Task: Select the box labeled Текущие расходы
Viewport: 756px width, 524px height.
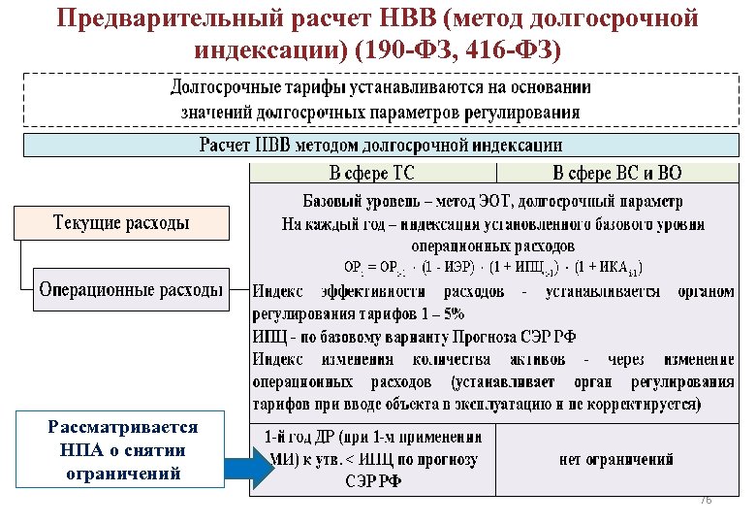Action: coord(121,223)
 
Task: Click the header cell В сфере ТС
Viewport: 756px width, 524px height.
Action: coord(372,174)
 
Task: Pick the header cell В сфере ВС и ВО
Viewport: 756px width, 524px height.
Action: coord(616,174)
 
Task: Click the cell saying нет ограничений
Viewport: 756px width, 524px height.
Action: coord(616,459)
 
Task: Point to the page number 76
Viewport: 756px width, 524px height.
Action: coord(705,499)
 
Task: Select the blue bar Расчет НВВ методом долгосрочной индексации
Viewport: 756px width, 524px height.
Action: coord(380,146)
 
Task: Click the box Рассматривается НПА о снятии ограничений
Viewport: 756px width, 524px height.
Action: coord(122,450)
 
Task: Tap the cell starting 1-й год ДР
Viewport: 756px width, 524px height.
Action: coord(372,459)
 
